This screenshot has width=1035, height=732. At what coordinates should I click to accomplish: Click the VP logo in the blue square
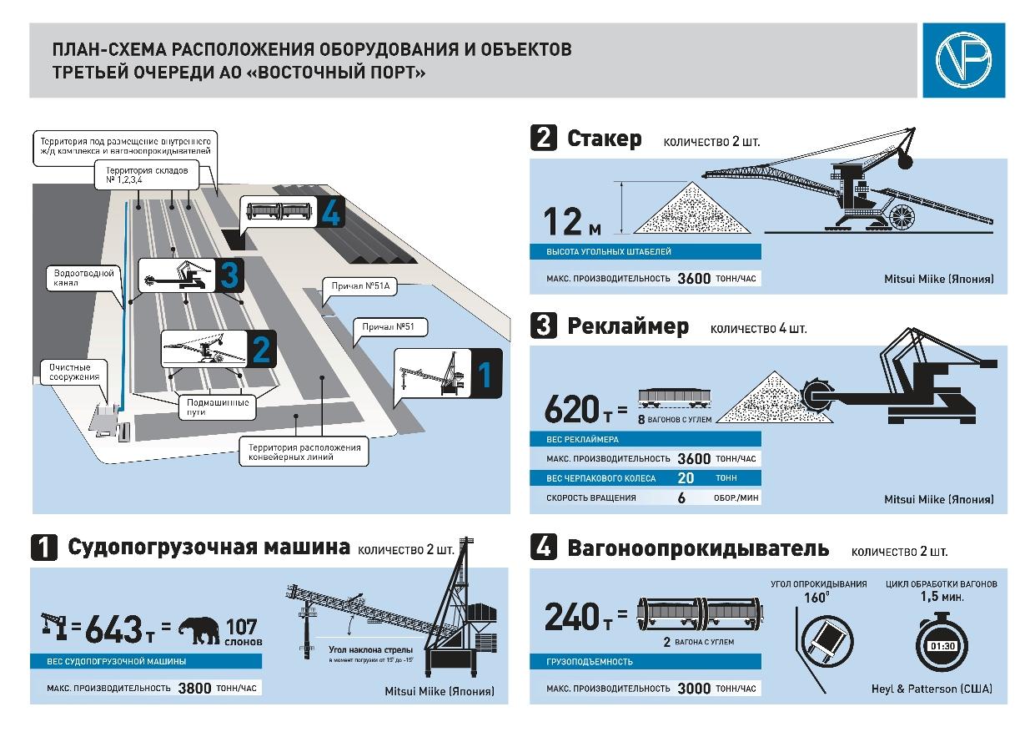(963, 60)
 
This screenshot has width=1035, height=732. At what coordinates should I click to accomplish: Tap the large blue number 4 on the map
(330, 214)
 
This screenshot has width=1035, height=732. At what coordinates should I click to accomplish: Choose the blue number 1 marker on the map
(485, 375)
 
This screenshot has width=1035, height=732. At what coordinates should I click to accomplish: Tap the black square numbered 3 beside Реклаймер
(544, 326)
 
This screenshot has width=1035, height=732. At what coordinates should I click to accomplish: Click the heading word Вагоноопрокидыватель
(698, 548)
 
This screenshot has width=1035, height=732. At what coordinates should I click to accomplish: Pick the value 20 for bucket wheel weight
(686, 478)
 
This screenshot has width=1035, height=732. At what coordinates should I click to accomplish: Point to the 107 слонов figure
(244, 632)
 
